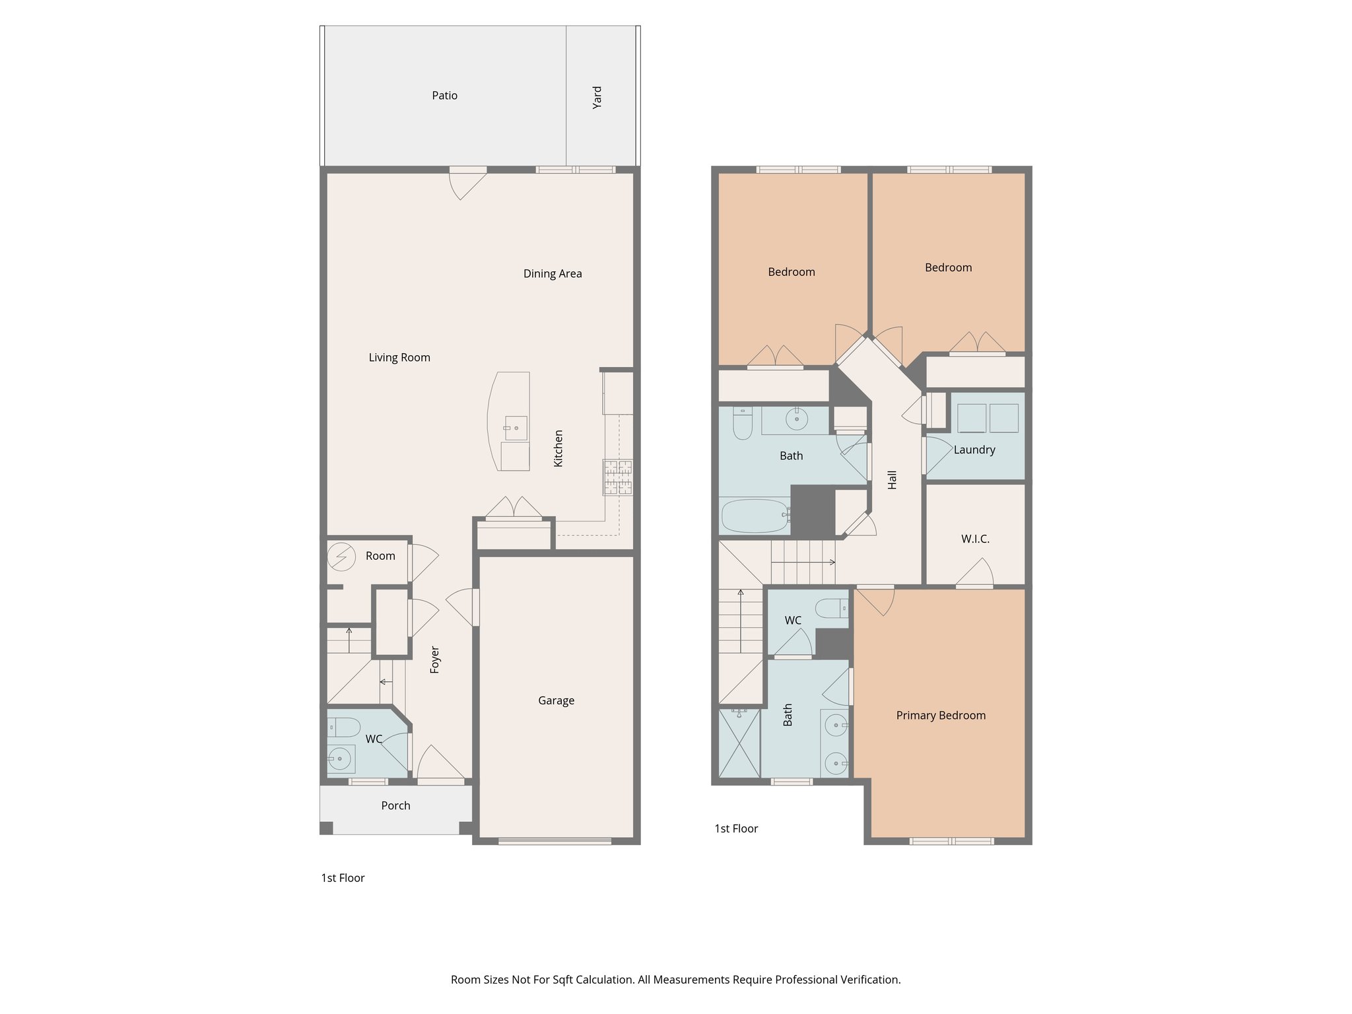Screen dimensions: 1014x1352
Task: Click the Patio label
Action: point(444,96)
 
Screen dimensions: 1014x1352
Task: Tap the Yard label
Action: point(597,97)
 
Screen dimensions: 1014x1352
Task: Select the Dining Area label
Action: point(553,274)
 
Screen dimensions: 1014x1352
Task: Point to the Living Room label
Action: point(399,358)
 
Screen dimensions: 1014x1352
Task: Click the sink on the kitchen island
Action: point(516,428)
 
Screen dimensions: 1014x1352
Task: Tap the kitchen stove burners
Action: point(617,477)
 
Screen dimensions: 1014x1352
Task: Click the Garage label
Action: point(556,701)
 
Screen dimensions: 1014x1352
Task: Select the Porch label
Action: point(395,806)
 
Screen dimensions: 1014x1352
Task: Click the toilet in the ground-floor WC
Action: point(344,727)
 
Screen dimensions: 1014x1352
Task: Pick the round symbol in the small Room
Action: point(341,557)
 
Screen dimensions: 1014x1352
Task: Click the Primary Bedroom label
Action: point(941,716)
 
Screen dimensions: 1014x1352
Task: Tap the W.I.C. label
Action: point(975,539)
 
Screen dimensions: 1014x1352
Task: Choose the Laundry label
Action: point(974,450)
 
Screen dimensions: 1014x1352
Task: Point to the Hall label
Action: point(893,480)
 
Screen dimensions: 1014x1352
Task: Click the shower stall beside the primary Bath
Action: point(739,743)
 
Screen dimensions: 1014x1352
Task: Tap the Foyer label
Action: point(434,659)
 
